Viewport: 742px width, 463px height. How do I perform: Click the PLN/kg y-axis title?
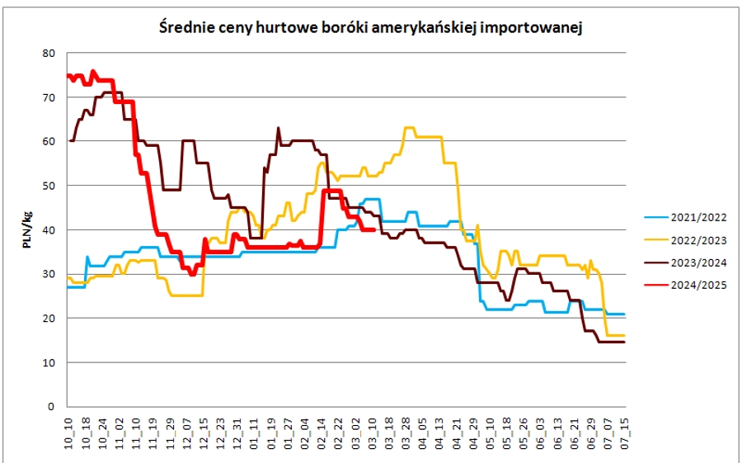click(x=28, y=230)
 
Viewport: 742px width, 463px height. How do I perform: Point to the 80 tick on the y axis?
click(x=49, y=53)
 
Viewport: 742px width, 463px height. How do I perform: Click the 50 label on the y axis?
click(x=49, y=186)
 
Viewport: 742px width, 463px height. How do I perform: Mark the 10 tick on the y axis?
click(x=49, y=362)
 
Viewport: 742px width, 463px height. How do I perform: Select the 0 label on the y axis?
click(x=51, y=407)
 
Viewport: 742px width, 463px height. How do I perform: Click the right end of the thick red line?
click(x=375, y=230)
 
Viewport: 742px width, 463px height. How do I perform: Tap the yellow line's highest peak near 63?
click(x=408, y=128)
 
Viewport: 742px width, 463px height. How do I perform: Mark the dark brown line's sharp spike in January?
click(x=278, y=128)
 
